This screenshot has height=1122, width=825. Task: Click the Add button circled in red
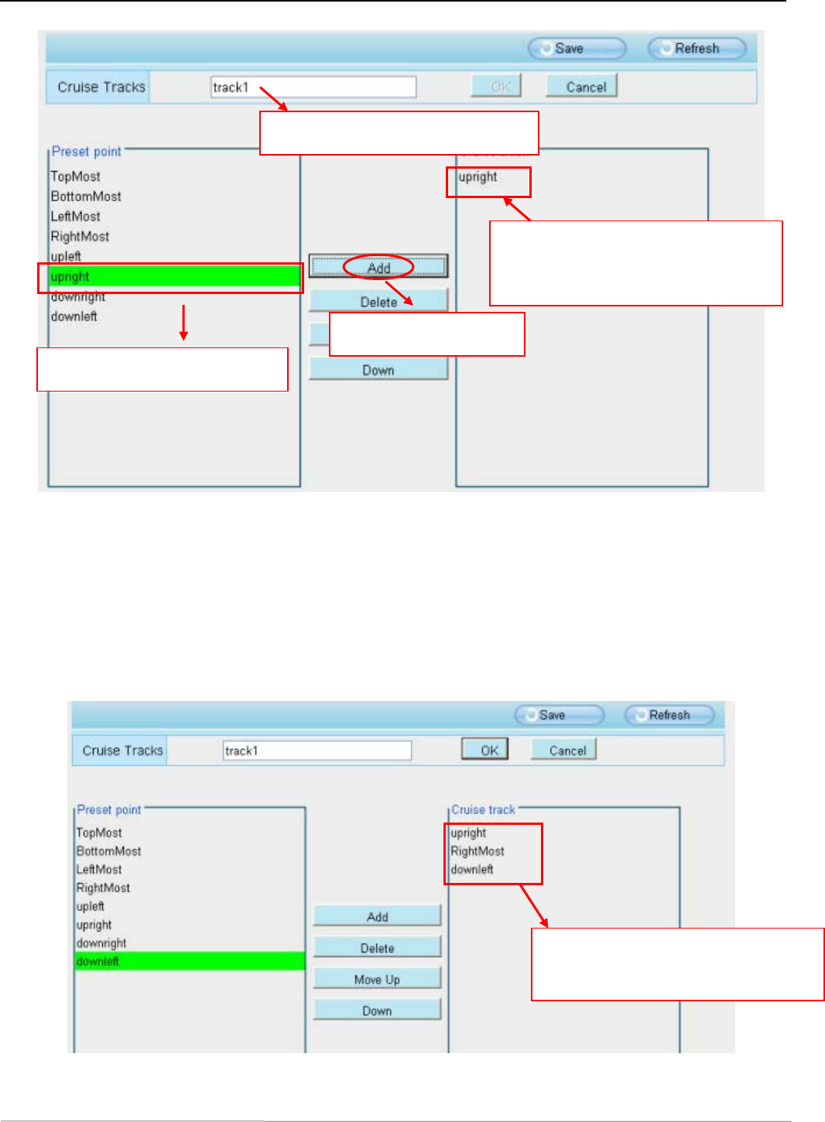378,268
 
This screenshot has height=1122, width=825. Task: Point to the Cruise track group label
483,809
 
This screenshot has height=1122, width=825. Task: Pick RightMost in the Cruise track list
478,851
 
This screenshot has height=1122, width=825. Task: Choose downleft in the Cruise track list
472,870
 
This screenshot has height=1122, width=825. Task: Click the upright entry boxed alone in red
478,177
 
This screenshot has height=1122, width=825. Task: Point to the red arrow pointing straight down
183,323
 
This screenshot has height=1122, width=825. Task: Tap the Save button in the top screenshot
577,49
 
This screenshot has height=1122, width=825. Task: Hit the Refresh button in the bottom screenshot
669,715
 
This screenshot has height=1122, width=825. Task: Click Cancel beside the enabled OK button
567,750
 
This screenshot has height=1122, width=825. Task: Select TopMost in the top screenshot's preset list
76,176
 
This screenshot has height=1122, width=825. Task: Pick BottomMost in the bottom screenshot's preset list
108,851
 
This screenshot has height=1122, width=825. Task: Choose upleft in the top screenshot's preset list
66,256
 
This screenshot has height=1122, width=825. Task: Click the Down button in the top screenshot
378,370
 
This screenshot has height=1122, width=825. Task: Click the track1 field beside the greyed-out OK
313,87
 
